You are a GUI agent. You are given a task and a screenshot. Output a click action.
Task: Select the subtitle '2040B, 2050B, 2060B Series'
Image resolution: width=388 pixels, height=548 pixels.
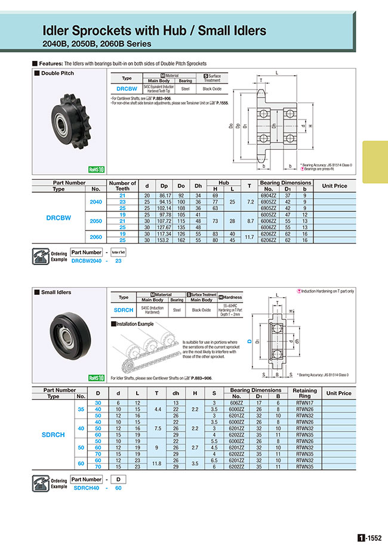tap(97, 44)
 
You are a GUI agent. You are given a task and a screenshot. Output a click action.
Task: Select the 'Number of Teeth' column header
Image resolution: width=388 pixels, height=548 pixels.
tap(122, 186)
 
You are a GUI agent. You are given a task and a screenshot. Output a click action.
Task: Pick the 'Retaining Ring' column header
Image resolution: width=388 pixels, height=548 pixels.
tap(305, 393)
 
